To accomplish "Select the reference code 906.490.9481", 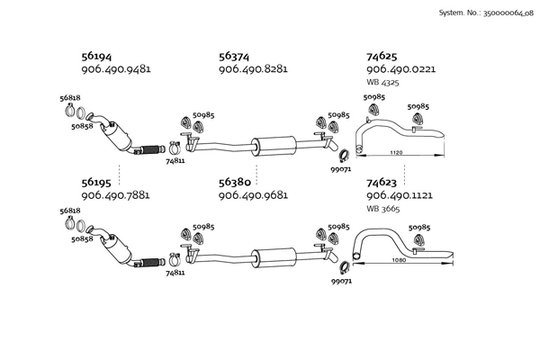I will coord(115,68).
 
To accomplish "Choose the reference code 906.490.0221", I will coord(400,68).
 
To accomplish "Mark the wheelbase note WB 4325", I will coord(383,82).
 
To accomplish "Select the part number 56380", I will coord(235,181).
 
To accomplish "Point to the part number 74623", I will coord(382,181).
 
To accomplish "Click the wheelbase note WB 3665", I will coord(383,208).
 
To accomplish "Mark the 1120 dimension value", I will coord(395,154).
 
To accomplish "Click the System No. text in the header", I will coord(485,13).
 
